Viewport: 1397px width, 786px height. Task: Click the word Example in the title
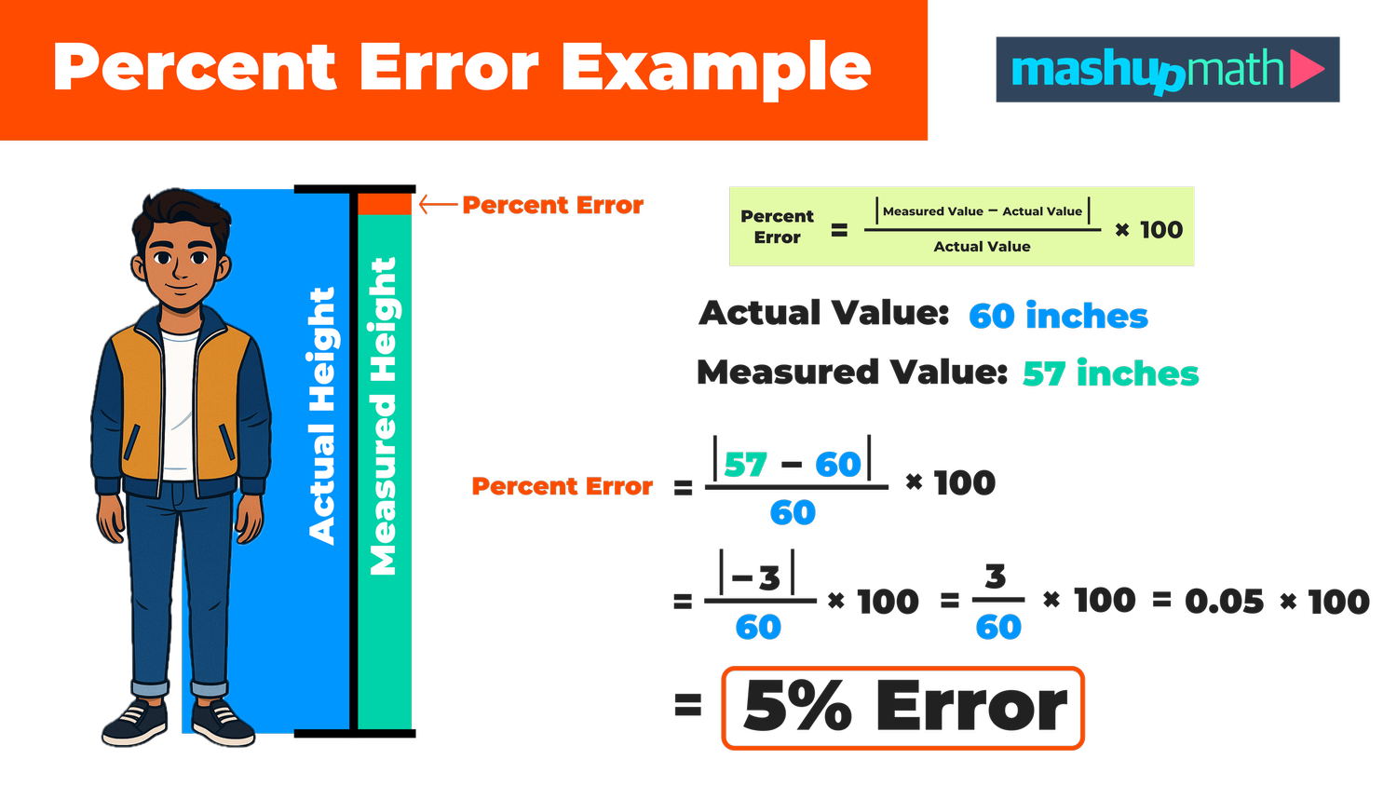(x=715, y=68)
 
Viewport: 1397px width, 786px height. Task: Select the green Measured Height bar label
(x=384, y=415)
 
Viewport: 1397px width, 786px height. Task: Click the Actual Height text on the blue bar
(x=322, y=415)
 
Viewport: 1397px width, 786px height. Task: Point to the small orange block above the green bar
(x=385, y=204)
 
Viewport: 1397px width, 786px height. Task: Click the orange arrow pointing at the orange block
(x=439, y=204)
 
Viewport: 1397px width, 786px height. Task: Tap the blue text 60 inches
(x=1058, y=317)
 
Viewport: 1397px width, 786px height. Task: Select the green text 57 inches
(x=1110, y=374)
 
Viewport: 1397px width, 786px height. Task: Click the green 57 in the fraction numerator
(x=745, y=465)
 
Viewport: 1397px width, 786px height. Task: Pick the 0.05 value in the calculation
(x=1224, y=602)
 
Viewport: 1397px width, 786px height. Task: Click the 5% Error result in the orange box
(x=903, y=707)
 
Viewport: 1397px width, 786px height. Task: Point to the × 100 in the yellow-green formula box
(x=1148, y=230)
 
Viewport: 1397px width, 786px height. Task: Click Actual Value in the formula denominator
(x=982, y=247)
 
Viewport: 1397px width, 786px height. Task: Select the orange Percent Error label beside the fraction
(x=562, y=486)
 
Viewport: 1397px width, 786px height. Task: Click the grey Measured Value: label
(x=852, y=373)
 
